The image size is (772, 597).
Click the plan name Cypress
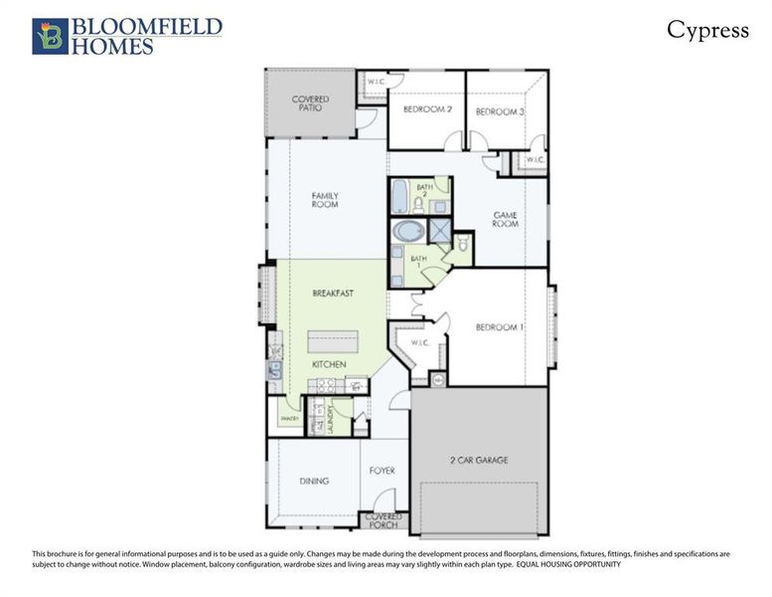pyautogui.click(x=707, y=30)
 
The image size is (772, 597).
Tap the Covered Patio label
pyautogui.click(x=310, y=103)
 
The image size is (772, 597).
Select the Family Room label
pyautogui.click(x=325, y=200)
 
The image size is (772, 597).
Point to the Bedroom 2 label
pyautogui.click(x=425, y=111)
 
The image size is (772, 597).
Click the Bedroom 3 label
pyautogui.click(x=500, y=111)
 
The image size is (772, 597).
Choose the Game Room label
pyautogui.click(x=507, y=219)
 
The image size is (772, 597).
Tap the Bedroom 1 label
pyautogui.click(x=498, y=327)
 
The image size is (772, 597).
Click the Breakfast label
pyautogui.click(x=333, y=294)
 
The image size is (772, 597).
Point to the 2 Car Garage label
pyautogui.click(x=478, y=460)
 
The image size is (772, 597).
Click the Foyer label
pyautogui.click(x=383, y=471)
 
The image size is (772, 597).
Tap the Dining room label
pyautogui.click(x=314, y=481)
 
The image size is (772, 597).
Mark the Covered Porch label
pyautogui.click(x=384, y=520)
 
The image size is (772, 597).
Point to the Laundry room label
pyautogui.click(x=332, y=418)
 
